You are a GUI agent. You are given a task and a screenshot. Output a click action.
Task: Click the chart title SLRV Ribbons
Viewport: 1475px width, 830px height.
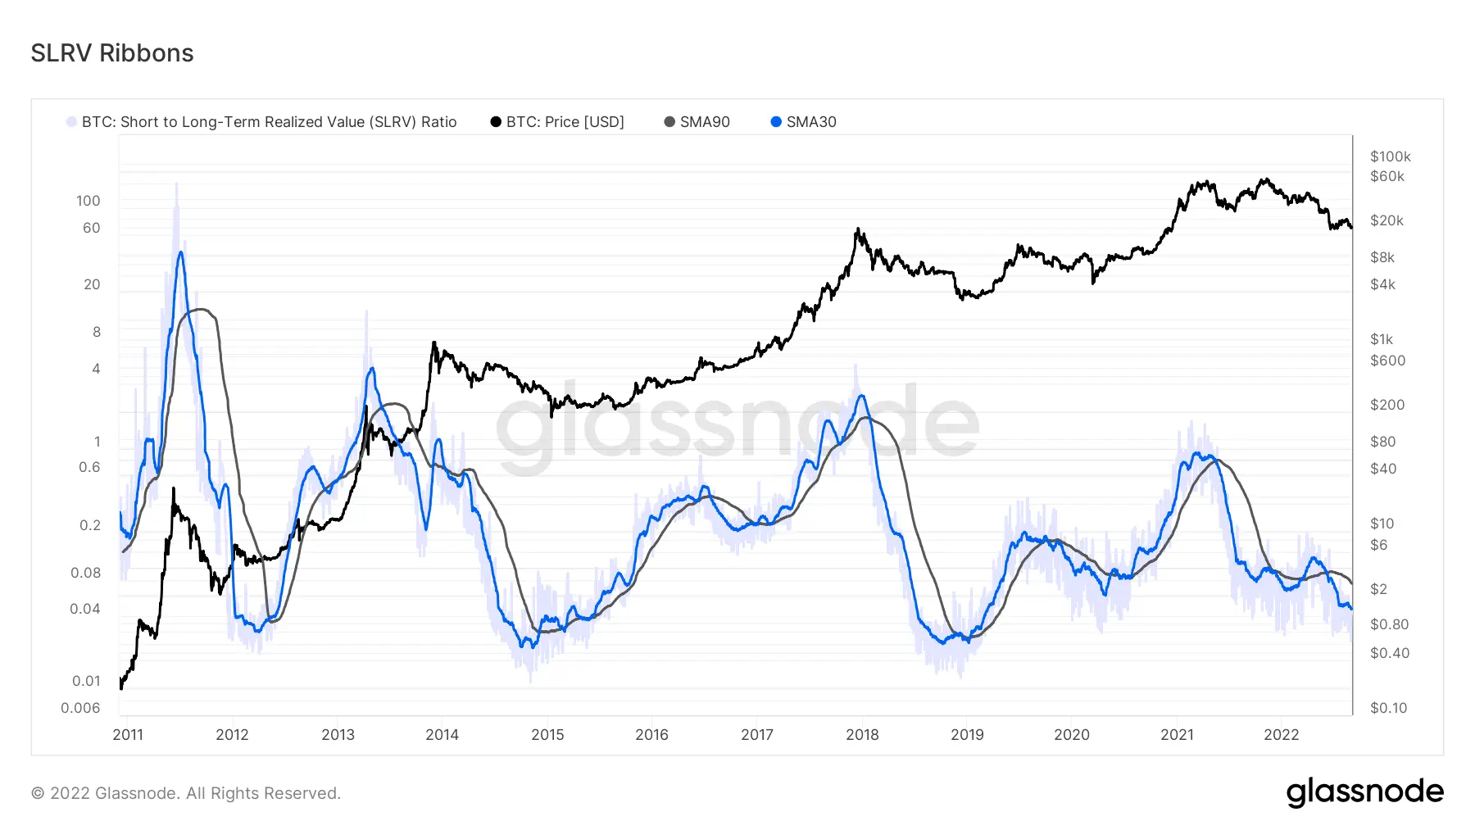click(x=112, y=53)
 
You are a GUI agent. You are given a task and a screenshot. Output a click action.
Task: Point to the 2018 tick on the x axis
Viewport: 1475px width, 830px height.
click(x=862, y=734)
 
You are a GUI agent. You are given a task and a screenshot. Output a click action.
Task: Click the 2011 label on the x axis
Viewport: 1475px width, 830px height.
click(x=128, y=734)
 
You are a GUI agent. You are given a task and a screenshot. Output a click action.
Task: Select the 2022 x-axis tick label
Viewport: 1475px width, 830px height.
click(x=1281, y=734)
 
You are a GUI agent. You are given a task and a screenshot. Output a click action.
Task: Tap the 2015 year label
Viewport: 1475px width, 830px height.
click(x=547, y=734)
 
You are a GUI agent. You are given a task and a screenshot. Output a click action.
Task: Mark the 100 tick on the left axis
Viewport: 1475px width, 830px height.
click(x=88, y=201)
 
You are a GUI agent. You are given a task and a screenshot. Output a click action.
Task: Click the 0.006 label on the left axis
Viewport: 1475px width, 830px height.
click(x=80, y=708)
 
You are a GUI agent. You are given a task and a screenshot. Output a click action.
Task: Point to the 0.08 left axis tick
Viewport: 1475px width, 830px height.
click(x=85, y=573)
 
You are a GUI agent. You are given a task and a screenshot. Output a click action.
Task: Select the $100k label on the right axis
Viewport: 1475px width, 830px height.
click(x=1390, y=156)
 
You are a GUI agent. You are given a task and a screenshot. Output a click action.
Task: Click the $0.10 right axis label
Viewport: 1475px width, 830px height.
click(x=1388, y=708)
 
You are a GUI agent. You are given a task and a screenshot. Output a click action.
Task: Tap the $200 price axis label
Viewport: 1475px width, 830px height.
click(x=1386, y=405)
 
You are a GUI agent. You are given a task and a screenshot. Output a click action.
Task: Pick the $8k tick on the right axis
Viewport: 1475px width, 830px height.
click(x=1382, y=257)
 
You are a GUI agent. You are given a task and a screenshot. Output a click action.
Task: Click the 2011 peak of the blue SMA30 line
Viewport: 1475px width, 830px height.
click(x=180, y=252)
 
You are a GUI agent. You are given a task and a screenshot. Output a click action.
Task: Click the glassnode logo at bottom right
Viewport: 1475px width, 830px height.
click(x=1364, y=792)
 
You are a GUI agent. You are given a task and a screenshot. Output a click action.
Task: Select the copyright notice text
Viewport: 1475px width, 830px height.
click(x=186, y=793)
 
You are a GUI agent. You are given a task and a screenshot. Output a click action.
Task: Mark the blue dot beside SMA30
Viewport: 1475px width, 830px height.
click(x=776, y=122)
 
